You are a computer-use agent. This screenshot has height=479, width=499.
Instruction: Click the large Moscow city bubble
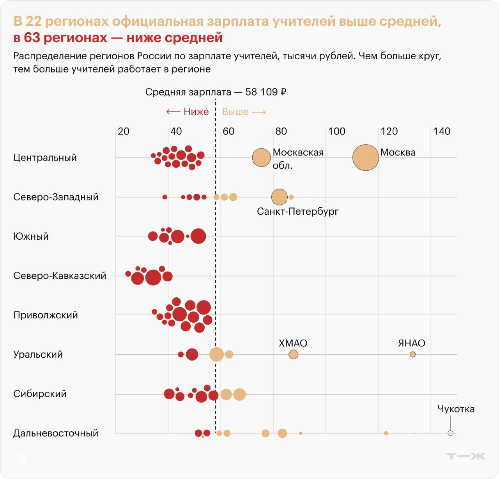[x=366, y=157]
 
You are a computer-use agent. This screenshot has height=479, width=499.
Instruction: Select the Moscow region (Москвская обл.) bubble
[x=261, y=157]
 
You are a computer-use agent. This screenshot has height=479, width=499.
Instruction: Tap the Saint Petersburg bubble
[x=279, y=197]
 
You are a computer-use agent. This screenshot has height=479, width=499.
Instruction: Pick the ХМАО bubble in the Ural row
[x=293, y=354]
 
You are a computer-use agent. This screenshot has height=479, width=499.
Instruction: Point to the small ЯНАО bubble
[x=412, y=354]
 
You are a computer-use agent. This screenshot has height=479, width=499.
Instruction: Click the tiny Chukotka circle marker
[x=450, y=433]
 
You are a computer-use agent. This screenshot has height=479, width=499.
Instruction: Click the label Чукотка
[x=456, y=409]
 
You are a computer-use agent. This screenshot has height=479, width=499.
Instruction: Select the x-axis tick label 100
[x=336, y=131]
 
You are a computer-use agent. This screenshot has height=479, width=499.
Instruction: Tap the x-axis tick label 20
[x=124, y=131]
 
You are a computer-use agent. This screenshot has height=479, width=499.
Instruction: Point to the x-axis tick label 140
[x=442, y=131]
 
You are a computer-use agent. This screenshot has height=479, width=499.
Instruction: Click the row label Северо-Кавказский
[x=60, y=276]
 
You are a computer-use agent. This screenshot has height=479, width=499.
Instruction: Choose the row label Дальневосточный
[x=55, y=433]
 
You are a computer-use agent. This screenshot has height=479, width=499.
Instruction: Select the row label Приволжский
[x=46, y=315]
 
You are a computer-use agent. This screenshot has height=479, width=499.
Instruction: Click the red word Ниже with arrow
[x=188, y=112]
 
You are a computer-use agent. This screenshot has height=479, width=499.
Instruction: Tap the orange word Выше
[x=235, y=112]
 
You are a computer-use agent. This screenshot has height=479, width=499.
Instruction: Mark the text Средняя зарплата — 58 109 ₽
[x=216, y=92]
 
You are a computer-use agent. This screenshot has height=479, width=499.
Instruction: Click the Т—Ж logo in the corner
[x=466, y=456]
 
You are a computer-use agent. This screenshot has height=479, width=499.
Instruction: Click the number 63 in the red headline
[x=32, y=38]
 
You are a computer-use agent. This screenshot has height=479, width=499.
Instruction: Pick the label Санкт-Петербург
[x=297, y=211]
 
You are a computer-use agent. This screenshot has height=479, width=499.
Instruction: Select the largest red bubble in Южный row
[x=198, y=236]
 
